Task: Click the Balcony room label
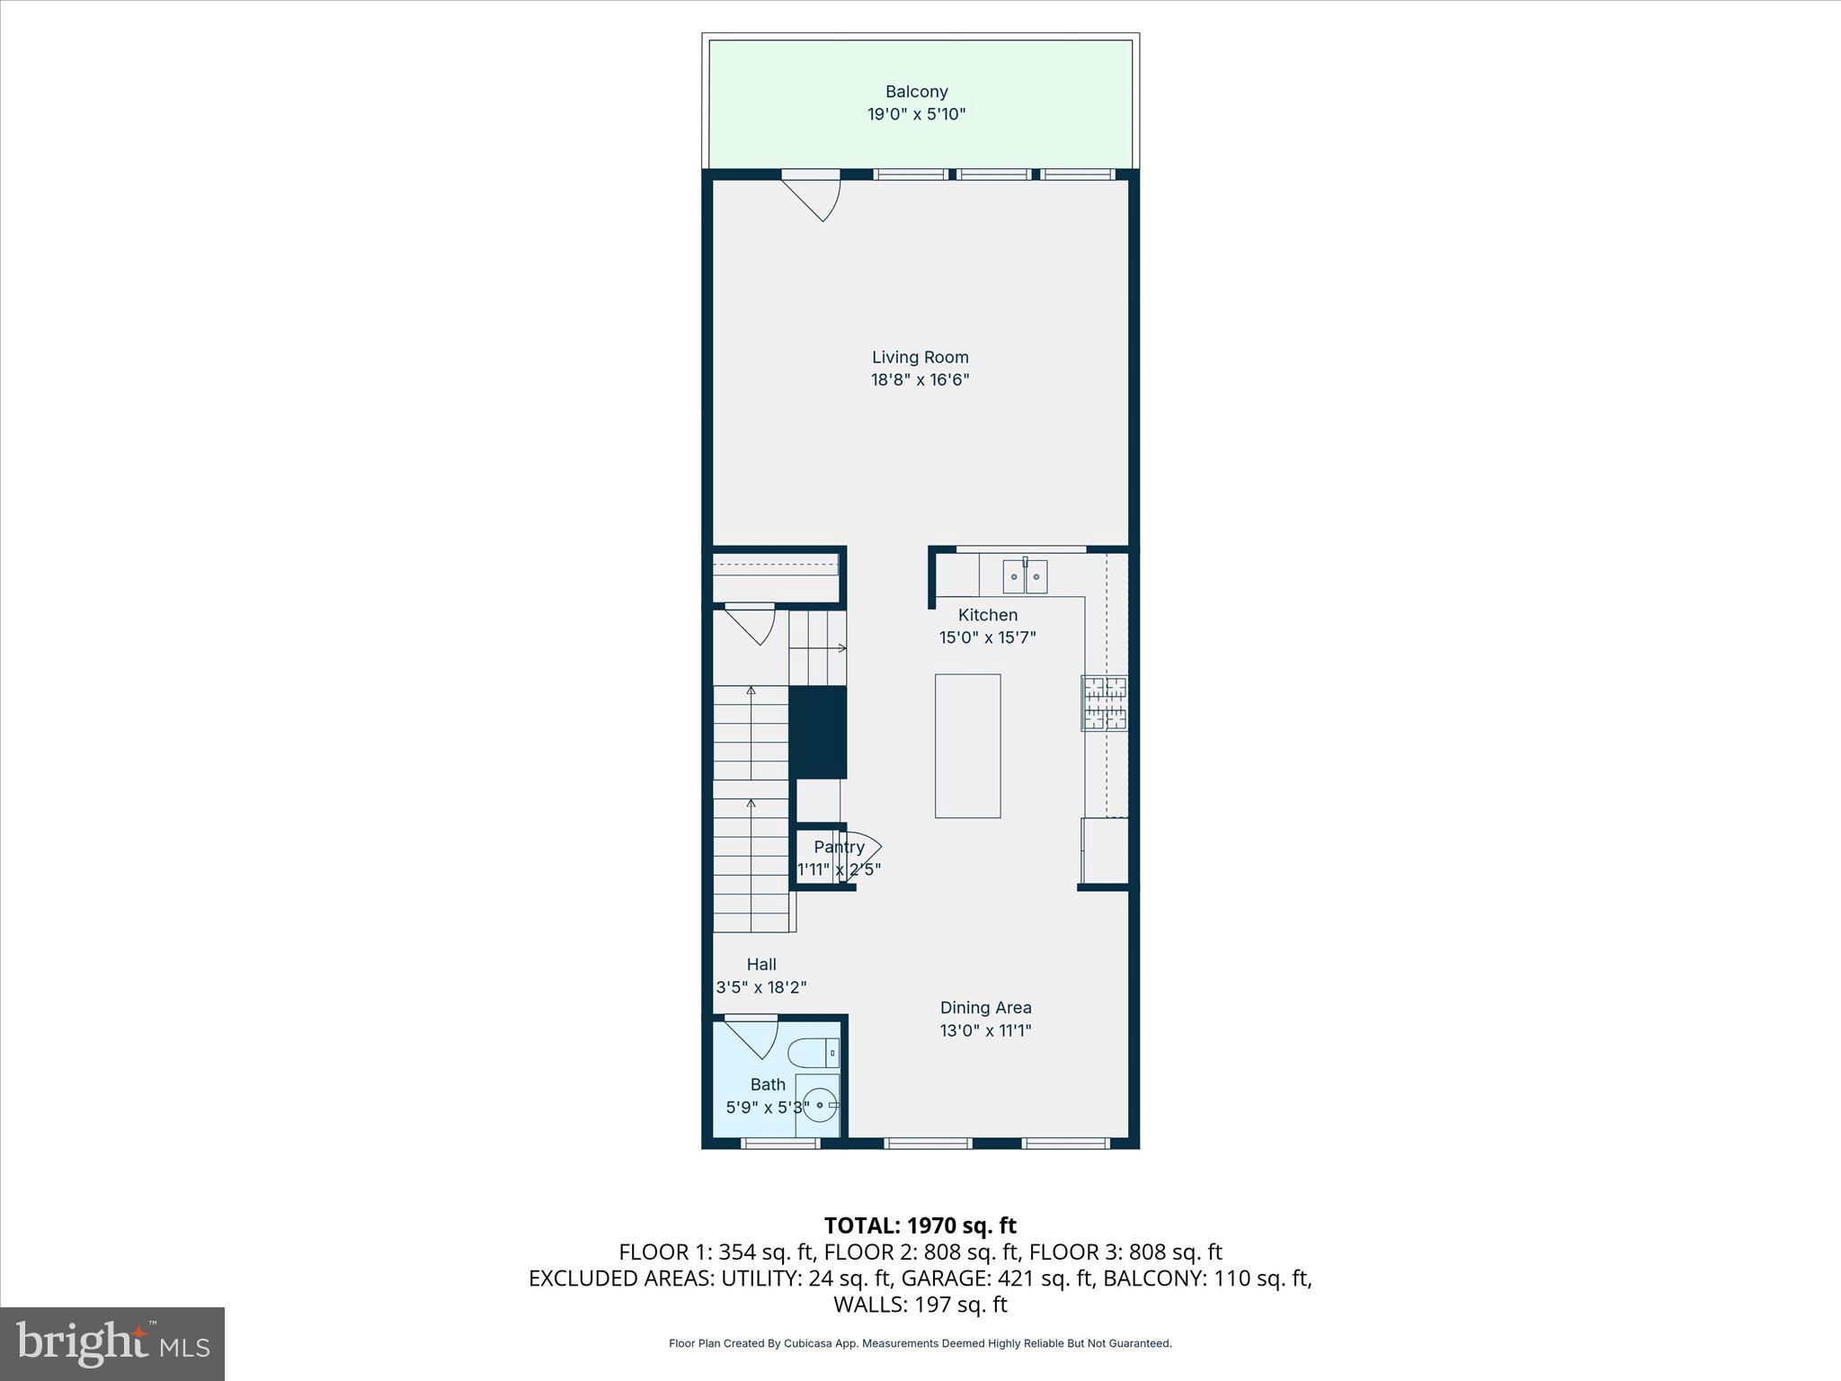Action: (916, 91)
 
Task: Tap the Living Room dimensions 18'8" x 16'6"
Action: (920, 379)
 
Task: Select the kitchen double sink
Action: (1025, 576)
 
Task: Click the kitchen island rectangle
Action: (967, 745)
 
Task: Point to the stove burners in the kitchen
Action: (1104, 703)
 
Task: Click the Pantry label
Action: (839, 847)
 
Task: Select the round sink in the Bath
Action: (820, 1105)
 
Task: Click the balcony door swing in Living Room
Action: (812, 197)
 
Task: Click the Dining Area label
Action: (985, 1008)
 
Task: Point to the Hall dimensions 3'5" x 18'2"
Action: (760, 987)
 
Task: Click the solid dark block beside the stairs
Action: (818, 732)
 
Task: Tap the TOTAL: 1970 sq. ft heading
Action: (920, 1225)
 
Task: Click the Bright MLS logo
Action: (112, 1344)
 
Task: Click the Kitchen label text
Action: (987, 615)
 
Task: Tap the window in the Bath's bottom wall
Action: (780, 1143)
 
